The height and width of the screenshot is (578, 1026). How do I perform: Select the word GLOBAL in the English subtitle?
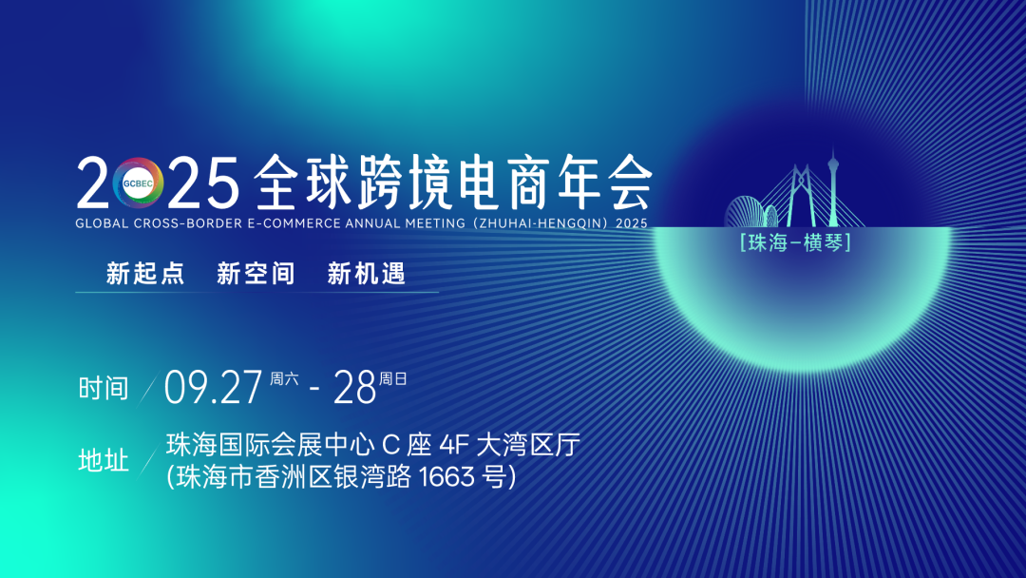[x=102, y=224]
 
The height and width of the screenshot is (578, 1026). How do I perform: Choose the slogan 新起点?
[x=144, y=274]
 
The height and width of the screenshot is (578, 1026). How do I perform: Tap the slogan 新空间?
[x=256, y=274]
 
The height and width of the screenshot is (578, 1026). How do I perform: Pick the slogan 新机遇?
[x=367, y=274]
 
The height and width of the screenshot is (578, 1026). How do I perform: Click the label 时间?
[x=103, y=388]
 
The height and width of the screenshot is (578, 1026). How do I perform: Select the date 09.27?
[x=213, y=387]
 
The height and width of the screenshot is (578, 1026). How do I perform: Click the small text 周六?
[x=284, y=378]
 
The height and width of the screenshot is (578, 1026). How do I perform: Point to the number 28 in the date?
[x=355, y=387]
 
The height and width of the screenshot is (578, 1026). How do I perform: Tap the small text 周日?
[x=393, y=378]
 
